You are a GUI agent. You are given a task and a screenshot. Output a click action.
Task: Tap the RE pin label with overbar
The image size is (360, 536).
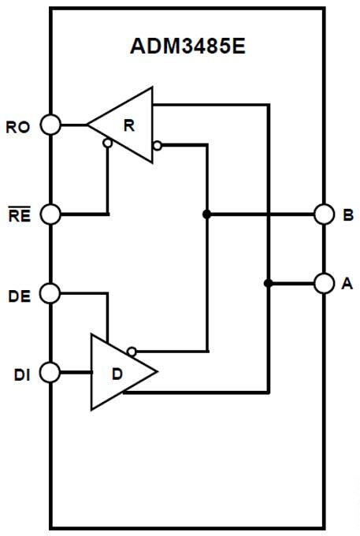pyautogui.click(x=19, y=214)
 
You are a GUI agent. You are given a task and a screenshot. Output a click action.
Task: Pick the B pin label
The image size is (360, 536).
pyautogui.click(x=348, y=214)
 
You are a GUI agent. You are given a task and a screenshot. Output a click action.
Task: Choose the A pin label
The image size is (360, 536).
pyautogui.click(x=347, y=284)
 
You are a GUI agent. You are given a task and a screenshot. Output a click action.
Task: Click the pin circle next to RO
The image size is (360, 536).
pyautogui.click(x=50, y=125)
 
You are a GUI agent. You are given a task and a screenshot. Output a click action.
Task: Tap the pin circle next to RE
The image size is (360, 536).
pyautogui.click(x=50, y=214)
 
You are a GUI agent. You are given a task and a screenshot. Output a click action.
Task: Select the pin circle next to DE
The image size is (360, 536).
pyautogui.click(x=50, y=293)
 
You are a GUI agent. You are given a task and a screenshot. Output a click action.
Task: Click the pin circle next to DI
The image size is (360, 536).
pyautogui.click(x=50, y=371)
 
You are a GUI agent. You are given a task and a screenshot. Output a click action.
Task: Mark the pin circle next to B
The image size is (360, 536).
pyautogui.click(x=324, y=214)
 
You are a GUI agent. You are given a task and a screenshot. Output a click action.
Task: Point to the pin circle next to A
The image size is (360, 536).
pyautogui.click(x=324, y=283)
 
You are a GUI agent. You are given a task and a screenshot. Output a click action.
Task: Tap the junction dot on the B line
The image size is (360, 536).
pyautogui.click(x=206, y=214)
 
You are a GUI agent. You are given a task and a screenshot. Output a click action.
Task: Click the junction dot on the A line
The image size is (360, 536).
pyautogui.click(x=269, y=283)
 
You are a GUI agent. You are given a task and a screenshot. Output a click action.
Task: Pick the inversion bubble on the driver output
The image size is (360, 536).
pyautogui.click(x=132, y=352)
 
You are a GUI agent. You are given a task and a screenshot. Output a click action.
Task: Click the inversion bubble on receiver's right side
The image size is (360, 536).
pyautogui.click(x=158, y=145)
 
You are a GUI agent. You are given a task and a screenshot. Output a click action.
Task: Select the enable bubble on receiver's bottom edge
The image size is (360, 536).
pyautogui.click(x=107, y=143)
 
